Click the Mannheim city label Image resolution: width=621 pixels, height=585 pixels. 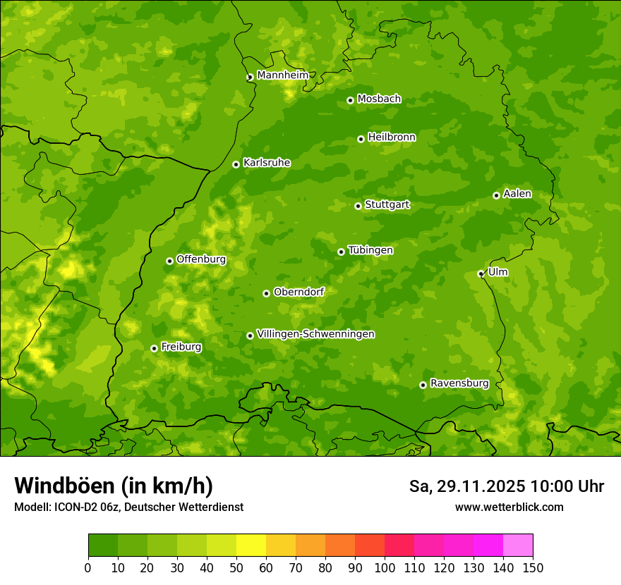282,75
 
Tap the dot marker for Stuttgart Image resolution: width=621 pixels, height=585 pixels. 358,206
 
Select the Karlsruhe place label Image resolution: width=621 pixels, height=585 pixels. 266,163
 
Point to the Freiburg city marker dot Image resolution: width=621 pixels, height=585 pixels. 154,348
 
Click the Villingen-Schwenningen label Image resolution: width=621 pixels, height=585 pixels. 315,334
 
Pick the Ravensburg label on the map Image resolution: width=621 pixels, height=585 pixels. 459,383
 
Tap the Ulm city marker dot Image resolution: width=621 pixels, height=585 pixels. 481,273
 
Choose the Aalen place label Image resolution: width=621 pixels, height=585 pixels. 517,194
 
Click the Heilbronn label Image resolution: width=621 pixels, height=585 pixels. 392,137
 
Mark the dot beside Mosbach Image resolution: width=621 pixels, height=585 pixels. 350,100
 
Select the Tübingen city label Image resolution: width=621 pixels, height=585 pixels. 370,250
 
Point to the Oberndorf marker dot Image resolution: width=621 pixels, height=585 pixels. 266,293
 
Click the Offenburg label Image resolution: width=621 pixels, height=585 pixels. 200,259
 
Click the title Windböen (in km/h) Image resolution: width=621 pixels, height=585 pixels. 113,486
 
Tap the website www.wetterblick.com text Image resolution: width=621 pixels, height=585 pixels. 509,507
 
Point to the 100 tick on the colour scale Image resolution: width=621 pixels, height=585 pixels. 385,567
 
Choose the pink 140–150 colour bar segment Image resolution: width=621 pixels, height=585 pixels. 518,546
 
